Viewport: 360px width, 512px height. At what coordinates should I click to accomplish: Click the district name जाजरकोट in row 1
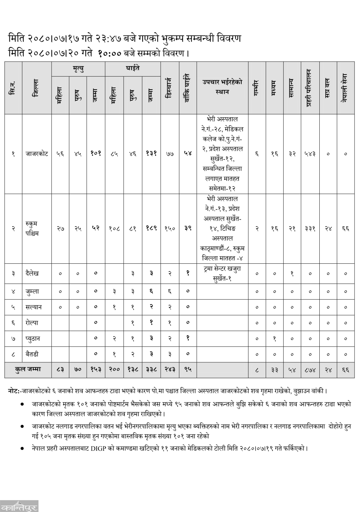click(37, 154)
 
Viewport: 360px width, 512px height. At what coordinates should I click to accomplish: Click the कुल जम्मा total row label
click(28, 370)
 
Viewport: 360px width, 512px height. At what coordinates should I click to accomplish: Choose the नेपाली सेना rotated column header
click(345, 87)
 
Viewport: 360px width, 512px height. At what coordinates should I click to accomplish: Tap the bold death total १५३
click(96, 370)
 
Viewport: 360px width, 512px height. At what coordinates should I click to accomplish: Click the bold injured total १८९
click(151, 229)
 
